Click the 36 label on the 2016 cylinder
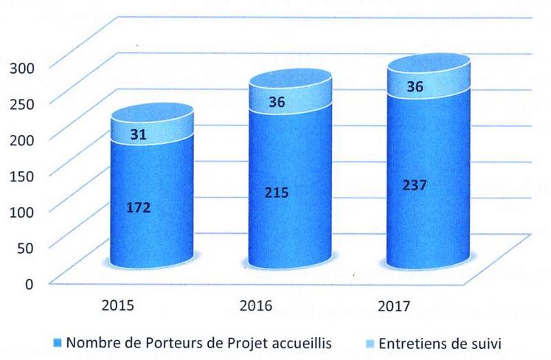point(277,103)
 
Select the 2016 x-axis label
point(256,304)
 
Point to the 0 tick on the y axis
point(30,283)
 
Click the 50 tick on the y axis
point(26,246)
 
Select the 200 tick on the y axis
point(21,138)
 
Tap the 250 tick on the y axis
point(21,103)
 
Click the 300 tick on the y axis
point(21,67)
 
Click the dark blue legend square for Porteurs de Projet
point(59,342)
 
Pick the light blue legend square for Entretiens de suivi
point(371,342)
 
